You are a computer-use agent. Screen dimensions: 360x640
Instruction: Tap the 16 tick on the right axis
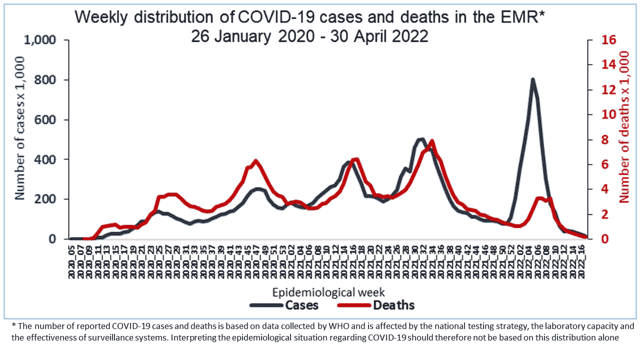tap(609, 40)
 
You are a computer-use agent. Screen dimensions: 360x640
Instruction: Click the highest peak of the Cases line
tap(533, 79)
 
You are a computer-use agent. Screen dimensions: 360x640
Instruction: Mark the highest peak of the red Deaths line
tap(432, 141)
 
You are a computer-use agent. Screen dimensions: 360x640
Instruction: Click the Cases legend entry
tap(301, 305)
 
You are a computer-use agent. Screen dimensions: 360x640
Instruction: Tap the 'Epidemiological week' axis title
tap(328, 291)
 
